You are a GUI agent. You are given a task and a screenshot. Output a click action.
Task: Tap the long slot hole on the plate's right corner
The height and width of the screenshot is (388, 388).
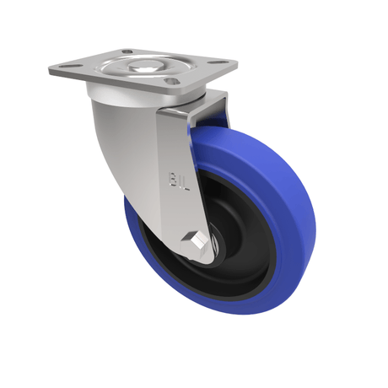click(x=220, y=62)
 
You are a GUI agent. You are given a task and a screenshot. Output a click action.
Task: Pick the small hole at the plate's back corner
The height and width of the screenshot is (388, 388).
click(x=127, y=52)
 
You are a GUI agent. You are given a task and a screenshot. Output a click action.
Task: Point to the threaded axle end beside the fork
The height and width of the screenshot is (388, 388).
click(x=216, y=244)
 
